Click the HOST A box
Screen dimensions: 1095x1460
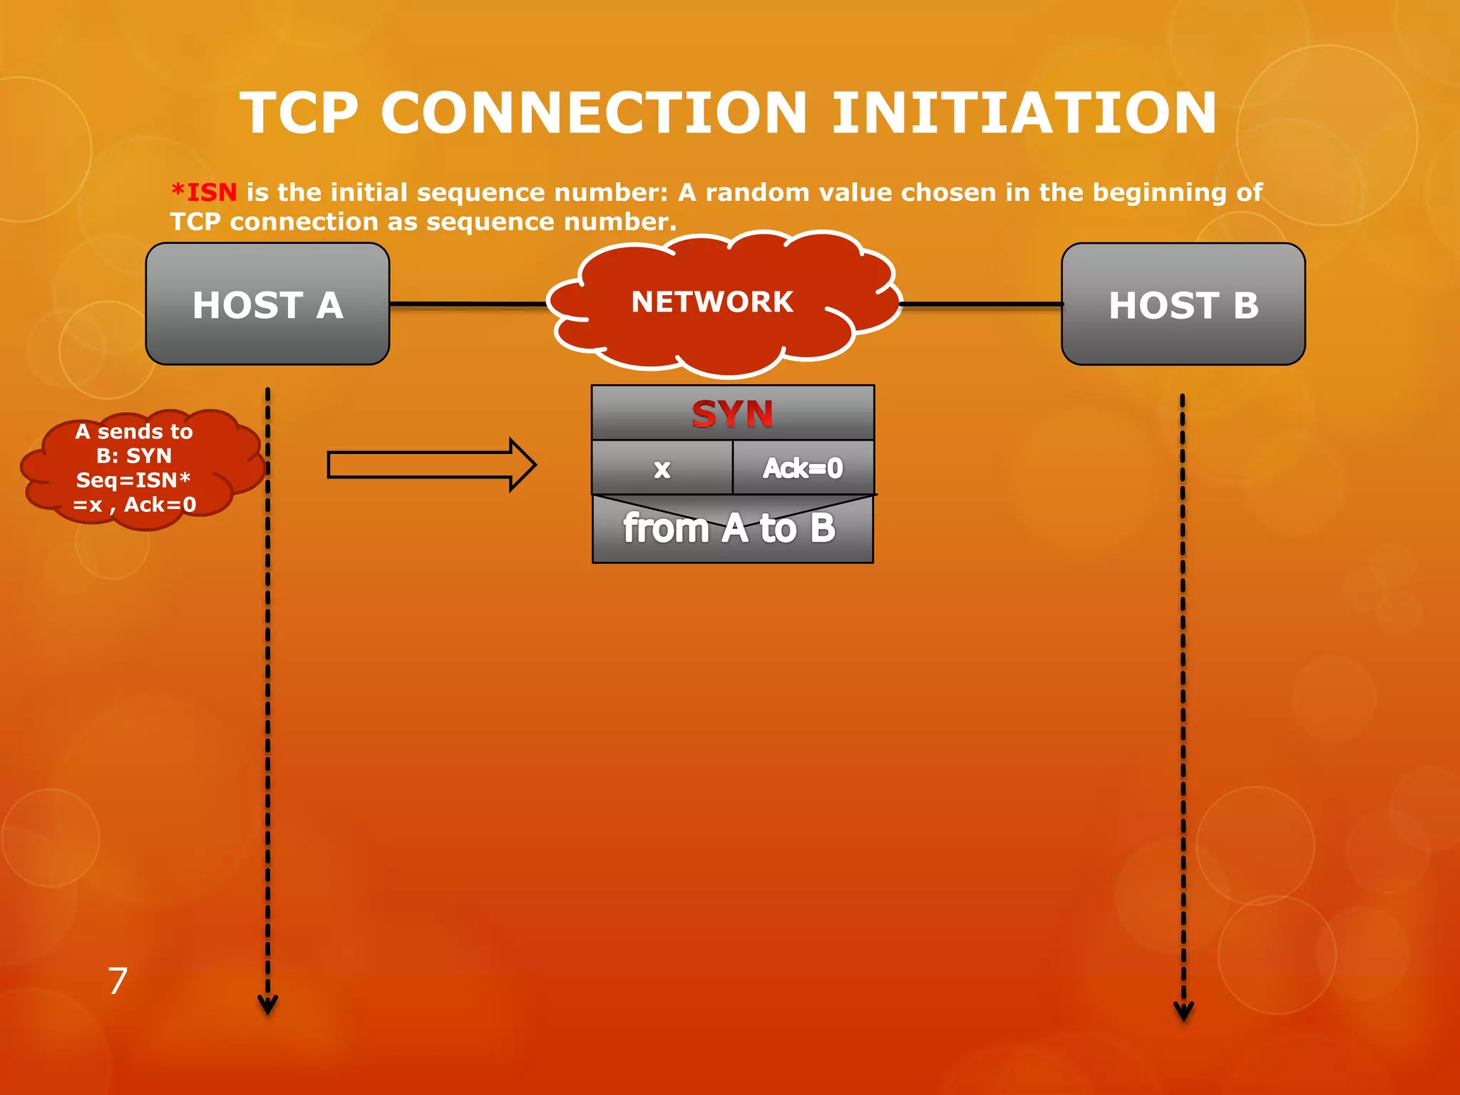(267, 304)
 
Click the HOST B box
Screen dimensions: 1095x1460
(1183, 304)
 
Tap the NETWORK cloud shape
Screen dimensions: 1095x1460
(713, 302)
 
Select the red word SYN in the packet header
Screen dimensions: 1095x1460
(732, 413)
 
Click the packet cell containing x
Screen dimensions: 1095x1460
(662, 468)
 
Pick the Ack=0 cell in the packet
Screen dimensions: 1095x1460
(803, 468)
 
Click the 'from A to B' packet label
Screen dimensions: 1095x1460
(729, 529)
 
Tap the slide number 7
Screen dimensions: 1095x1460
(118, 981)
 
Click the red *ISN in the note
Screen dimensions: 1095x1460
(205, 192)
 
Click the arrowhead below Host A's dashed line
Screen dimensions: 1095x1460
(267, 1006)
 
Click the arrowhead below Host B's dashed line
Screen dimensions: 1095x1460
(1183, 1012)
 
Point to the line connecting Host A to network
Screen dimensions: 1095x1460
(467, 304)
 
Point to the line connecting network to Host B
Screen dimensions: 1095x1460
(980, 304)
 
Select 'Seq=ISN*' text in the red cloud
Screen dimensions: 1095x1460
(133, 480)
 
